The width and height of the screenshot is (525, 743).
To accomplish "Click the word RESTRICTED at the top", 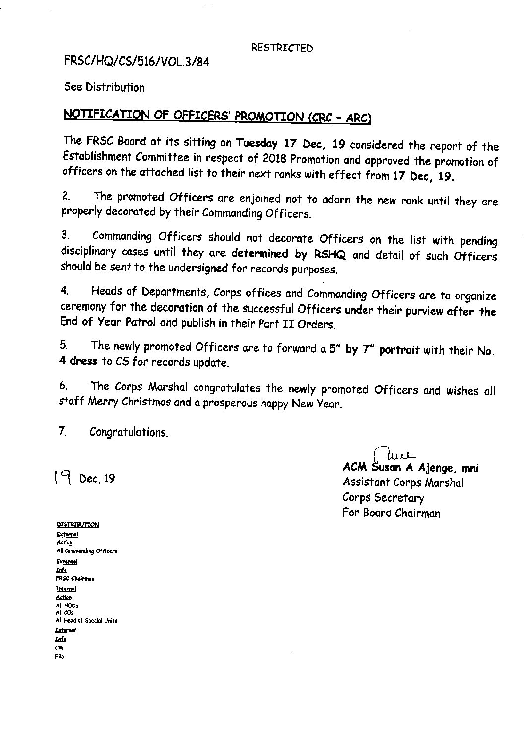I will click(x=281, y=48).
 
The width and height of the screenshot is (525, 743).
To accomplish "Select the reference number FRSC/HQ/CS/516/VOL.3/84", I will click(x=133, y=62).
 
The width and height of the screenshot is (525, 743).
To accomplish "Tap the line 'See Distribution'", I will click(x=104, y=88).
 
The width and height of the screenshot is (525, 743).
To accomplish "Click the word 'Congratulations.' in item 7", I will click(x=129, y=432).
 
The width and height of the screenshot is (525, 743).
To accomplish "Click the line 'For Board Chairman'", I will click(x=391, y=513).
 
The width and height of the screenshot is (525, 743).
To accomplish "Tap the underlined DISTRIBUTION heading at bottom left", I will click(x=77, y=525).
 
